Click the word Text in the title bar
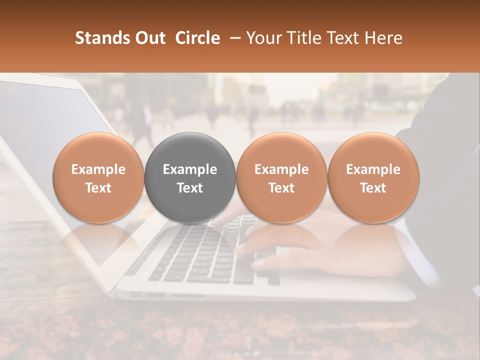tap(345, 38)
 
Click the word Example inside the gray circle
tap(190, 169)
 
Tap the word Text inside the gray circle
tap(190, 188)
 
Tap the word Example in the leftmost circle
tap(98, 169)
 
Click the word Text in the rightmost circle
tap(373, 188)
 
